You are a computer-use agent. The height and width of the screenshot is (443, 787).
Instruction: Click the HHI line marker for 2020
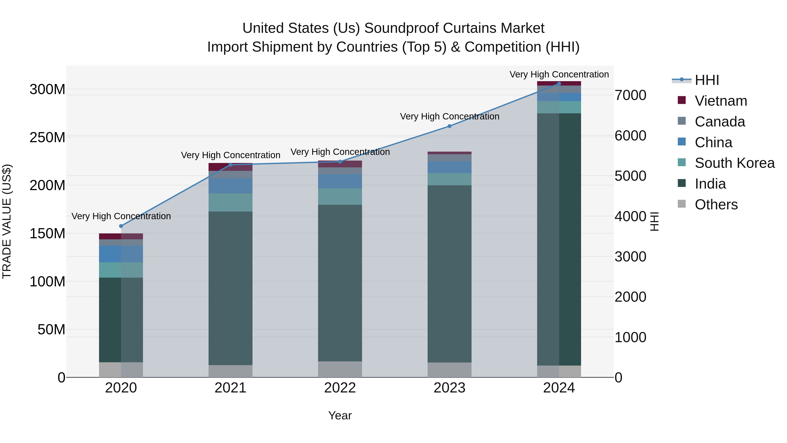click(121, 226)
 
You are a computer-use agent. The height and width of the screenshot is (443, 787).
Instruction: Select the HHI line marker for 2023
click(449, 126)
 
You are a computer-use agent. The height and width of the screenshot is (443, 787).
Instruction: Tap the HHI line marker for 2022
click(340, 162)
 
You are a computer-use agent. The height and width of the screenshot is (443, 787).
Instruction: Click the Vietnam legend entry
click(721, 101)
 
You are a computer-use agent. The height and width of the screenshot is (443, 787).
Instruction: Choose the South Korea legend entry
click(735, 163)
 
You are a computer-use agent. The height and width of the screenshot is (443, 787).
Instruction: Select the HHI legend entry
click(707, 80)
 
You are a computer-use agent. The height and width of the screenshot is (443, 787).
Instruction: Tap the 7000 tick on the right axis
click(630, 95)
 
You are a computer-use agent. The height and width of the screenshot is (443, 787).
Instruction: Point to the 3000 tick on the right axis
click(630, 257)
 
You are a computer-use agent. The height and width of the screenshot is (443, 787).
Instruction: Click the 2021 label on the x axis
click(230, 388)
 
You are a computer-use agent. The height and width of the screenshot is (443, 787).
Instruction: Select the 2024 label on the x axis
click(559, 388)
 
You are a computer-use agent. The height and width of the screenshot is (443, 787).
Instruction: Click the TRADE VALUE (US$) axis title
click(7, 221)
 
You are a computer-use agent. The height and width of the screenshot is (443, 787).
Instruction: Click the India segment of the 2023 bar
click(449, 274)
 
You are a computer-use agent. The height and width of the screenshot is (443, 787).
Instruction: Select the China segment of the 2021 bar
click(230, 186)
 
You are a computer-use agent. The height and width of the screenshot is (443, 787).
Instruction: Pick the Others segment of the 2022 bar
click(340, 369)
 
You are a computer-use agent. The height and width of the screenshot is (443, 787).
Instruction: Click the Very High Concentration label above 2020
click(121, 216)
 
